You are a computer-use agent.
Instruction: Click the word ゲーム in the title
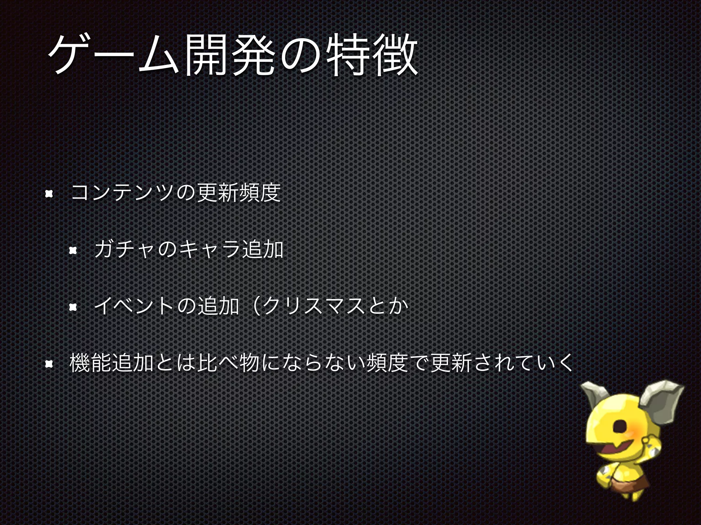pos(113,55)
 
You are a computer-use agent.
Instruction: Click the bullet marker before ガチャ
pos(73,251)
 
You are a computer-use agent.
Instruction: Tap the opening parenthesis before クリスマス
pos(255,306)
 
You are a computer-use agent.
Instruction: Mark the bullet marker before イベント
pos(73,308)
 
